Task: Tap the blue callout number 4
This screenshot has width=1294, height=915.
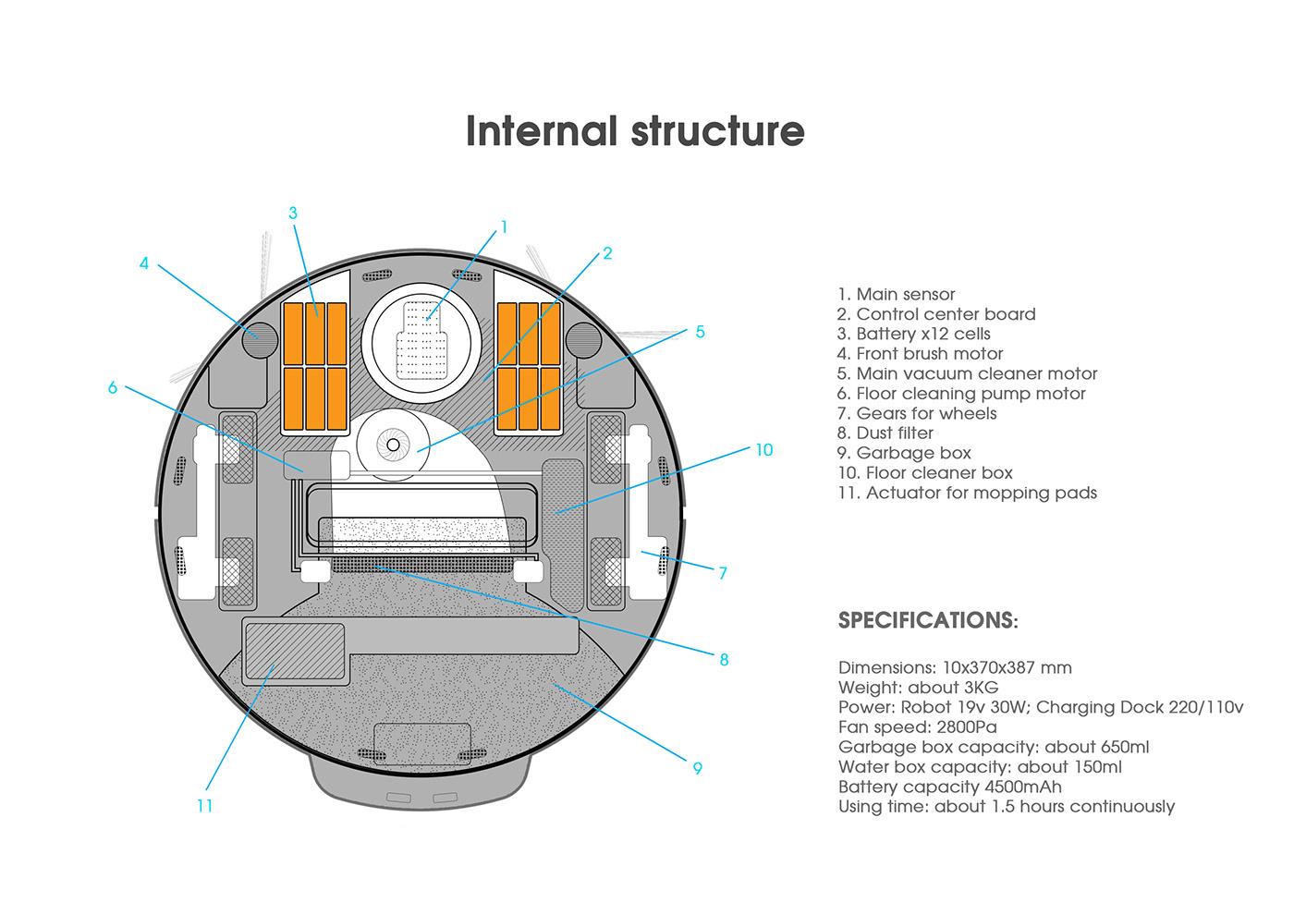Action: (143, 263)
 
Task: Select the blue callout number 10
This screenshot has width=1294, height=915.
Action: (763, 450)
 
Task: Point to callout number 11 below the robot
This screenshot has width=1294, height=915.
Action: (205, 806)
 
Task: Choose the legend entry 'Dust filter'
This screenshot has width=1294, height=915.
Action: (885, 433)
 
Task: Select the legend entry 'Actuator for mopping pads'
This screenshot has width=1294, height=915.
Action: (968, 493)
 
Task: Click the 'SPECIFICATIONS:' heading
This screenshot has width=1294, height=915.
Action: (928, 620)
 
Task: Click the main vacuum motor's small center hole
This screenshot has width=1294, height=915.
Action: (393, 445)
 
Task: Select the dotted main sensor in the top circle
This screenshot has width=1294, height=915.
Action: (421, 339)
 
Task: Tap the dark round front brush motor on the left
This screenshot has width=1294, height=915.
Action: (260, 340)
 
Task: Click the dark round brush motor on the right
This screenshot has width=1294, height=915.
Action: (583, 340)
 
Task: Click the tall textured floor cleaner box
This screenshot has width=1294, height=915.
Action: (563, 531)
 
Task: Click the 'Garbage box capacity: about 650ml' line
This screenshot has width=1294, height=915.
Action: (994, 747)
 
